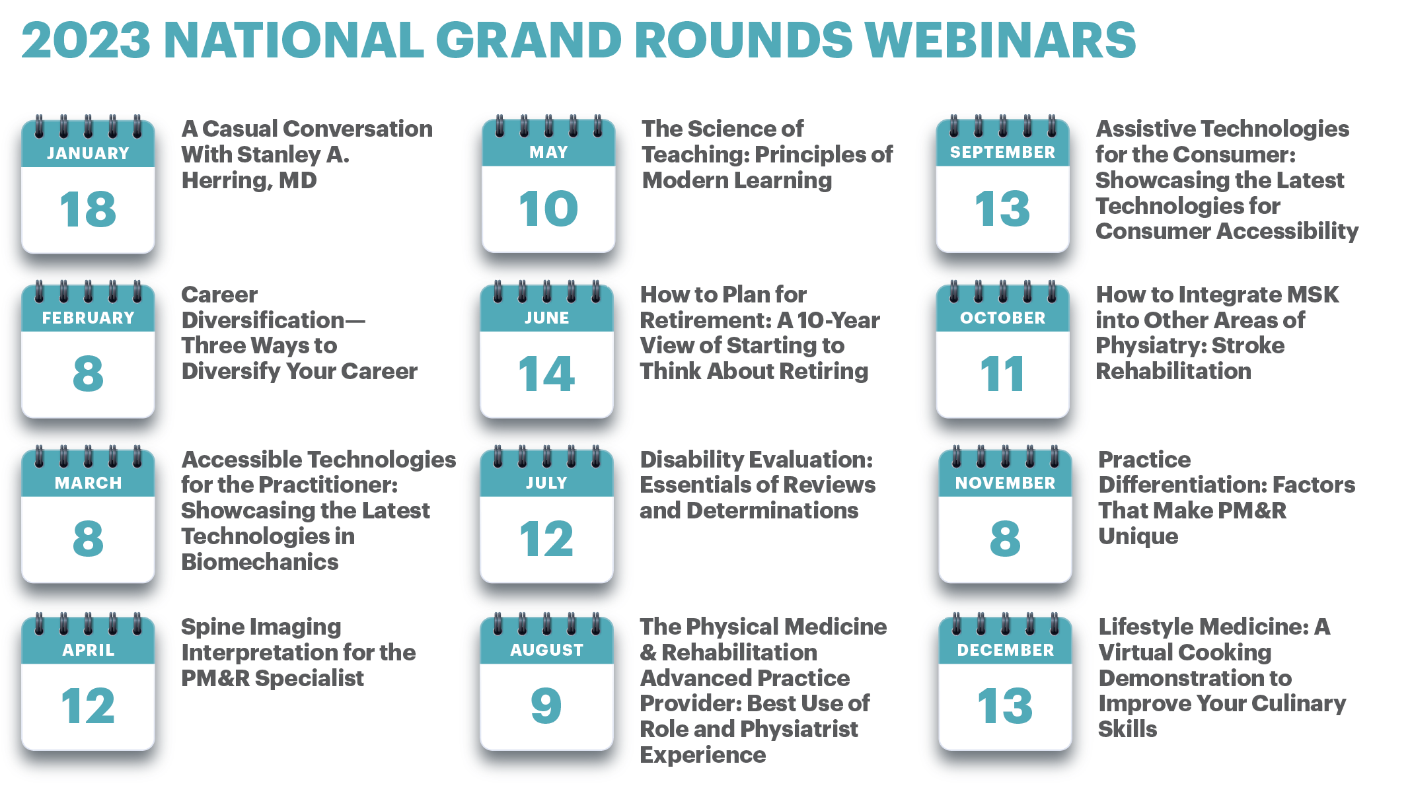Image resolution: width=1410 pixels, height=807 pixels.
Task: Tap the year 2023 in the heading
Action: point(86,40)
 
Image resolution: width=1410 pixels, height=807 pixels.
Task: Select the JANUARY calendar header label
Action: point(88,153)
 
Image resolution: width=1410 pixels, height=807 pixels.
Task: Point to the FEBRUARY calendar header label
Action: point(88,318)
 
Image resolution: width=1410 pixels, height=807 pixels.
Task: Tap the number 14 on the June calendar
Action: point(546,374)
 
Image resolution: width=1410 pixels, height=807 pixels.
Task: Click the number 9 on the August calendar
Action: point(546,705)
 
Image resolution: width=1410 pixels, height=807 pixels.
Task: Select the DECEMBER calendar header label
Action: point(1005,650)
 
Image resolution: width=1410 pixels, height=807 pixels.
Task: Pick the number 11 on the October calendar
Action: point(1002,374)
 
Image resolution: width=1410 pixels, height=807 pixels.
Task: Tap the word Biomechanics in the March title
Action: point(260,562)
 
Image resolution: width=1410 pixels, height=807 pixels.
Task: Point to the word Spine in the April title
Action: point(209,627)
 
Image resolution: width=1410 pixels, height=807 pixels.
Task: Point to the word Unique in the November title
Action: point(1138,536)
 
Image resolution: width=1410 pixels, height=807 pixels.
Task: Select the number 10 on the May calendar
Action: point(548,209)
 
